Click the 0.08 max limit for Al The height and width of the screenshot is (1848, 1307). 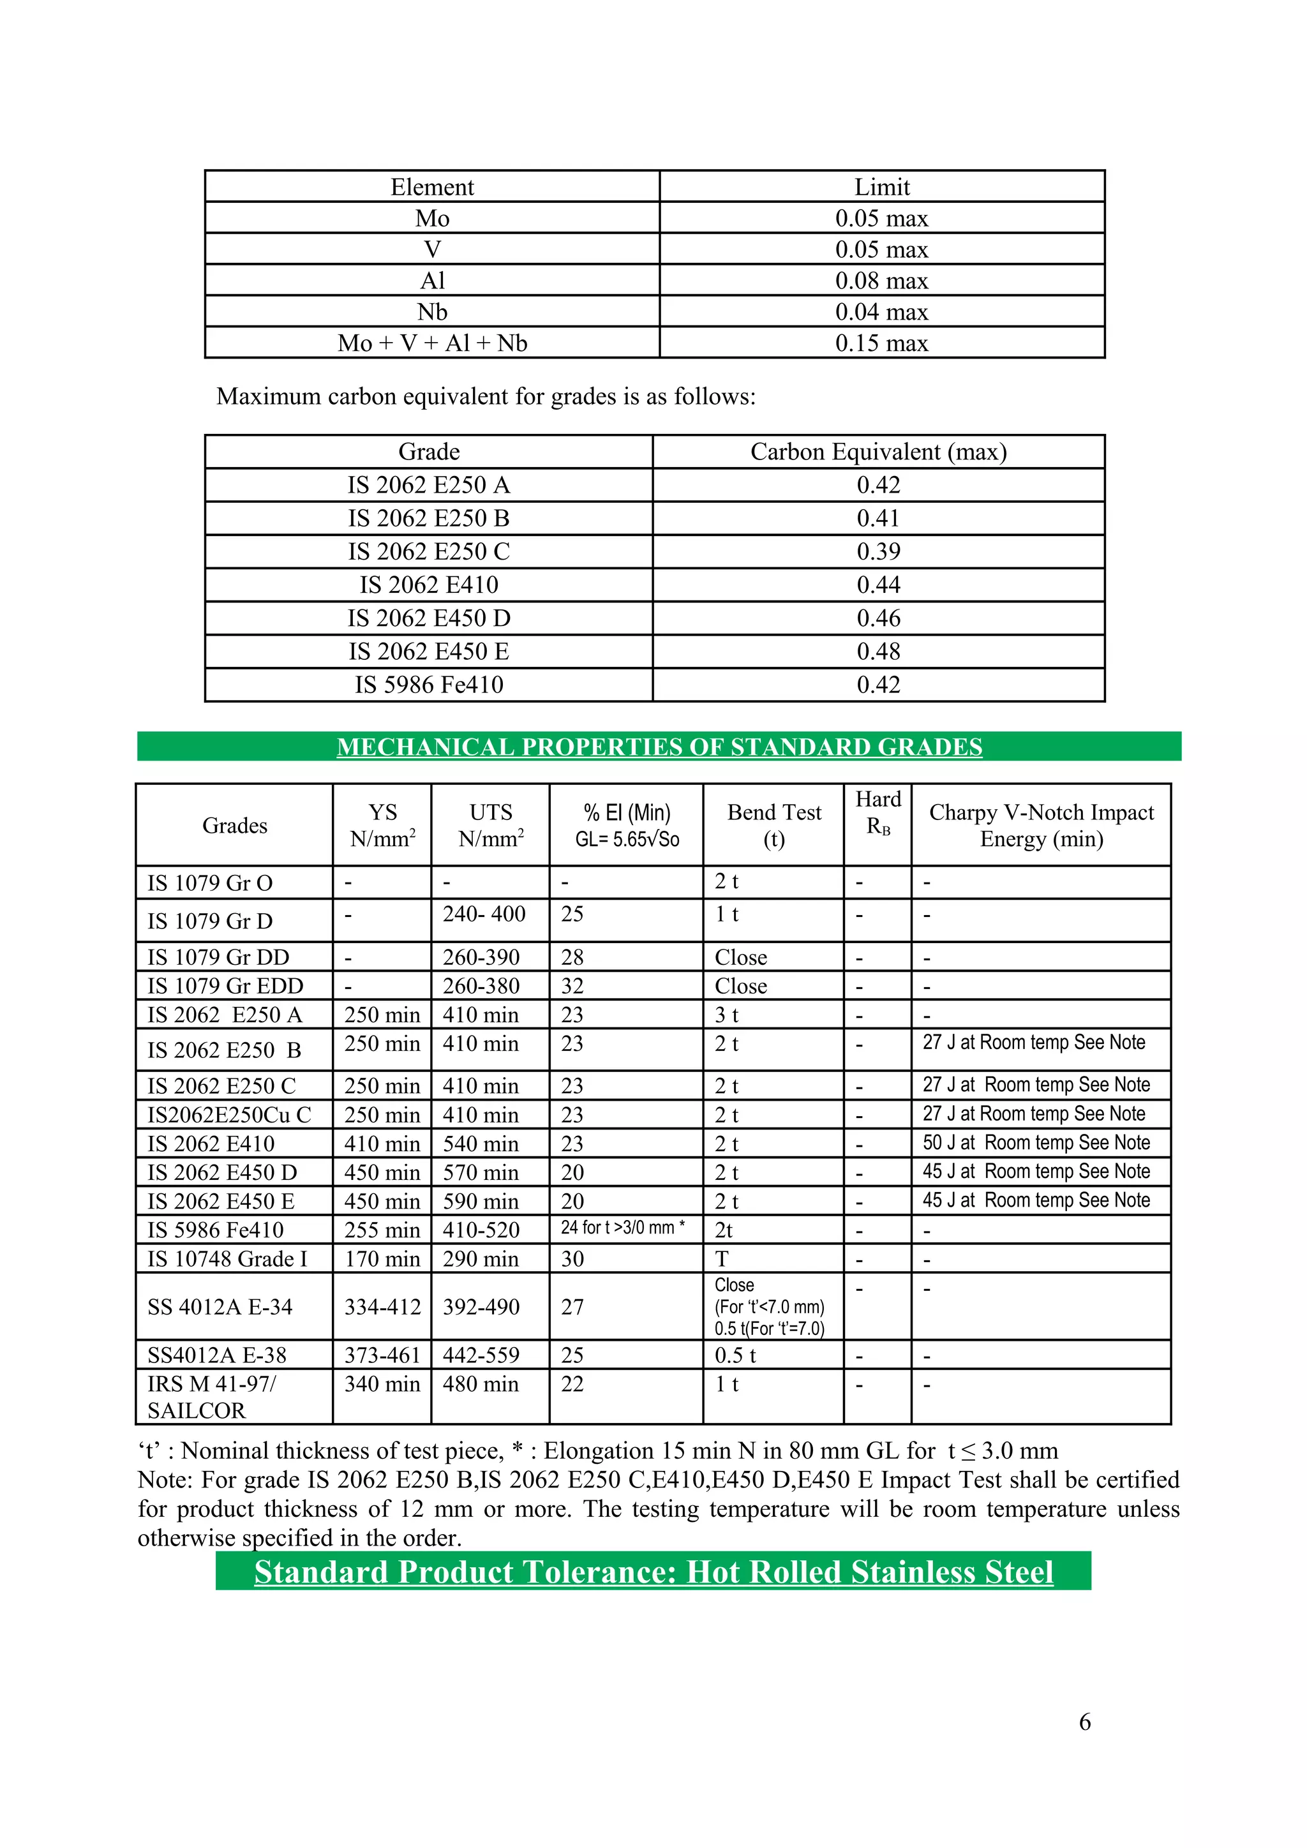[x=881, y=280]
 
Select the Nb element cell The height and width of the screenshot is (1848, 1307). [x=432, y=311]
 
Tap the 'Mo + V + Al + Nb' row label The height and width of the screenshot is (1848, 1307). [x=432, y=343]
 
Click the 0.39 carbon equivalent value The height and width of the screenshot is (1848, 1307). [x=878, y=551]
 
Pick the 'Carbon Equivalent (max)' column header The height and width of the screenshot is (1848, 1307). [x=878, y=452]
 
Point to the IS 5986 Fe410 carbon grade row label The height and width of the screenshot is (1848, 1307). [x=429, y=684]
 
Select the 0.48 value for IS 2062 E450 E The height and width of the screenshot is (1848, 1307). [x=878, y=651]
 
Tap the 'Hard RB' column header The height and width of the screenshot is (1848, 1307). [x=878, y=812]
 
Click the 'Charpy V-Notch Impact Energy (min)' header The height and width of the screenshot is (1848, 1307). [x=1041, y=825]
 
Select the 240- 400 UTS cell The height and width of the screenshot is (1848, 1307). [x=484, y=914]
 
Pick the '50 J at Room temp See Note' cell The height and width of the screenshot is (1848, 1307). [x=1036, y=1143]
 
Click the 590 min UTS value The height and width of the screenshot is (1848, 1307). [x=481, y=1201]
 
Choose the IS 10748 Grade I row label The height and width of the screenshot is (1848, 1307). [x=228, y=1259]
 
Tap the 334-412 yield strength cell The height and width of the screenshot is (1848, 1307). [x=382, y=1306]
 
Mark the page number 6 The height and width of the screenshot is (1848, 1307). [x=1084, y=1722]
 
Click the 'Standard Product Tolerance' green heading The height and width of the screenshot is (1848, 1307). [x=653, y=1572]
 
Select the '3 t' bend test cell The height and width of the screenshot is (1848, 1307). [x=727, y=1015]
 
